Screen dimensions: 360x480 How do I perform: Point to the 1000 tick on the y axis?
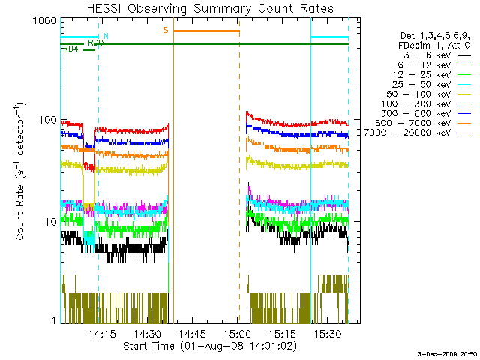pos(46,21)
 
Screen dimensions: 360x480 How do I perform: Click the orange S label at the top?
pos(166,30)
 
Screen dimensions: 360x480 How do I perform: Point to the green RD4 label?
pos(70,49)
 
